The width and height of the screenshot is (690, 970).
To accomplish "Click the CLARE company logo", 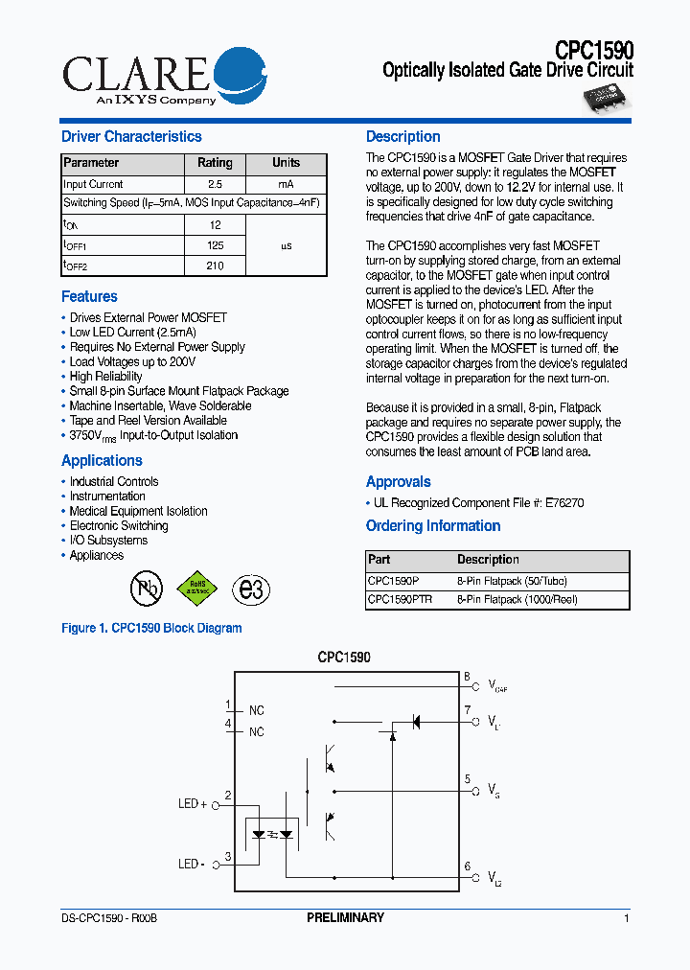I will tap(164, 77).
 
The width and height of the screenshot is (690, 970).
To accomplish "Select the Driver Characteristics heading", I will tap(131, 137).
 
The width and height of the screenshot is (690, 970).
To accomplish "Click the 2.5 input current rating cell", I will tap(215, 184).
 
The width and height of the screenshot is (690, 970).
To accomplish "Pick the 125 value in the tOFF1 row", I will tap(215, 246).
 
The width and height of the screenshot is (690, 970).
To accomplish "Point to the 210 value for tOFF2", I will tap(215, 266).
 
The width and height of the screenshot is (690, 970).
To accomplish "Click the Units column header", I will tap(286, 163).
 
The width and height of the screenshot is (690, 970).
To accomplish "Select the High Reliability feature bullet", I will tap(105, 377).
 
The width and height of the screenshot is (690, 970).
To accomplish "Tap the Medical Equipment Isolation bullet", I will tap(138, 511).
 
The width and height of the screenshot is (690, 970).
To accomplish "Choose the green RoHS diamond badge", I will tap(196, 588).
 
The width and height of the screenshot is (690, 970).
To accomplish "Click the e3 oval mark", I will tap(251, 589).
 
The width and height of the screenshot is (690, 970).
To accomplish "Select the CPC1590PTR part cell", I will tap(400, 599).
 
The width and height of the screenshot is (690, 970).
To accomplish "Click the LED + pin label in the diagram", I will tap(193, 803).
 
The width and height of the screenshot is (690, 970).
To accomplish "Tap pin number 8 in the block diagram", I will tap(467, 677).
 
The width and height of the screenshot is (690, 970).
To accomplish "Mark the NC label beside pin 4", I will tap(256, 732).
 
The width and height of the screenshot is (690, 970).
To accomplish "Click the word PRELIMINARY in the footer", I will tap(345, 918).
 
